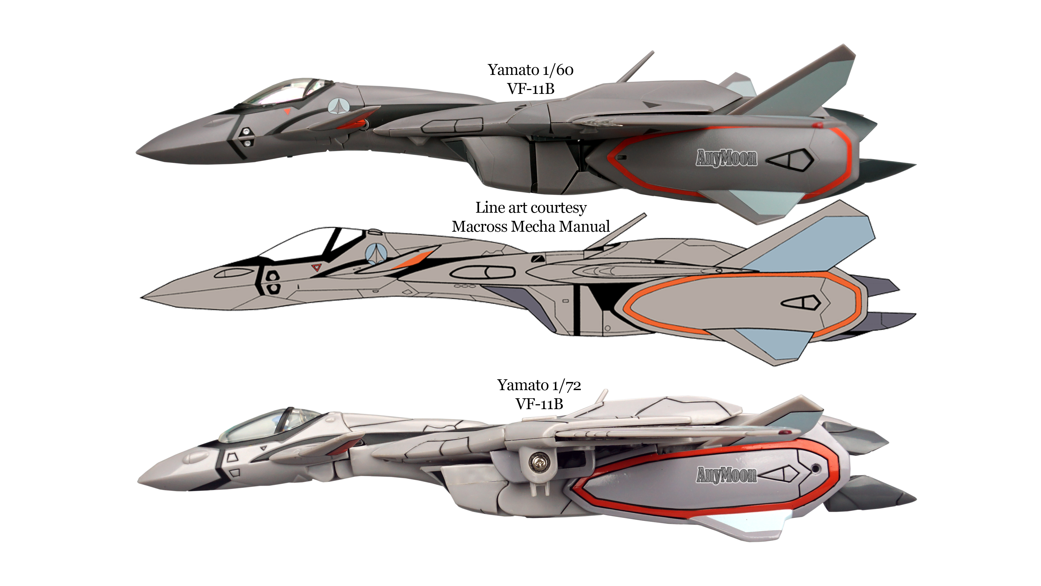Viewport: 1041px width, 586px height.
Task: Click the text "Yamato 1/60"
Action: (530, 70)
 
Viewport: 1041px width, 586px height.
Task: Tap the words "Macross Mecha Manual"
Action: (531, 227)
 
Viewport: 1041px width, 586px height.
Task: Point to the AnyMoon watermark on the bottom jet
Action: (726, 474)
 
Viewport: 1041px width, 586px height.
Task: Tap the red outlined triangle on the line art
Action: (316, 267)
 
